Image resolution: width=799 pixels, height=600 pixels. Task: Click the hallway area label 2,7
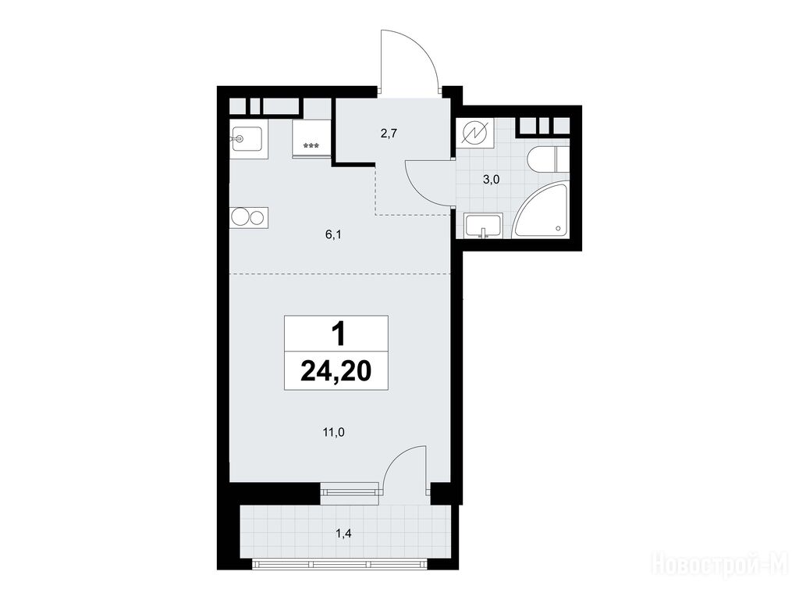[389, 134]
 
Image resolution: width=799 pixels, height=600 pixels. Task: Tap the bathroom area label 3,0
[492, 179]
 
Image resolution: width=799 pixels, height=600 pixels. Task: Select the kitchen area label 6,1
[332, 234]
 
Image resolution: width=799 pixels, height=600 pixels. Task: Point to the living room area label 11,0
[334, 433]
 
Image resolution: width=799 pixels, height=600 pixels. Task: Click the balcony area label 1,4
[343, 534]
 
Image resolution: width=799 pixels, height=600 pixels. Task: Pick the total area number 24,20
[336, 371]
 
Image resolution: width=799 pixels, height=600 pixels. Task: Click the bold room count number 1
[338, 334]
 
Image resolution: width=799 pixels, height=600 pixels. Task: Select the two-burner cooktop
[249, 218]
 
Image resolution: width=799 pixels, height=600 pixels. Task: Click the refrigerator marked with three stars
[311, 139]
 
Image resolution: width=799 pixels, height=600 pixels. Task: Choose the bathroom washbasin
[483, 226]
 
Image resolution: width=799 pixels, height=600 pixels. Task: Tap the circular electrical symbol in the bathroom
[475, 134]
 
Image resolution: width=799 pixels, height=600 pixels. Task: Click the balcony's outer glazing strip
[339, 564]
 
